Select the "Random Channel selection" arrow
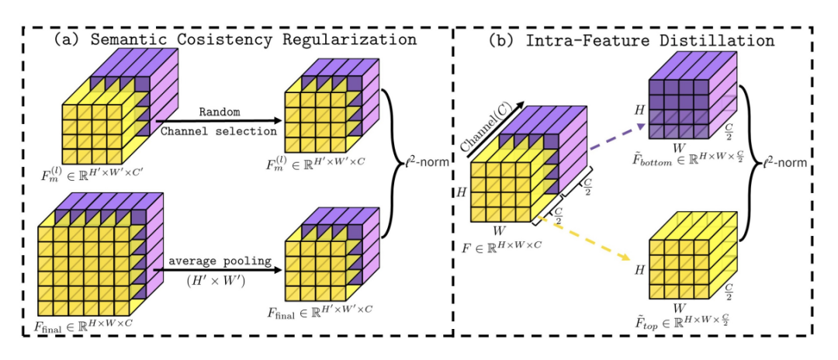click(x=217, y=120)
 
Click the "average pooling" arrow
click(x=217, y=270)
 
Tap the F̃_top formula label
click(x=684, y=318)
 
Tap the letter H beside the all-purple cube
click(x=641, y=111)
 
